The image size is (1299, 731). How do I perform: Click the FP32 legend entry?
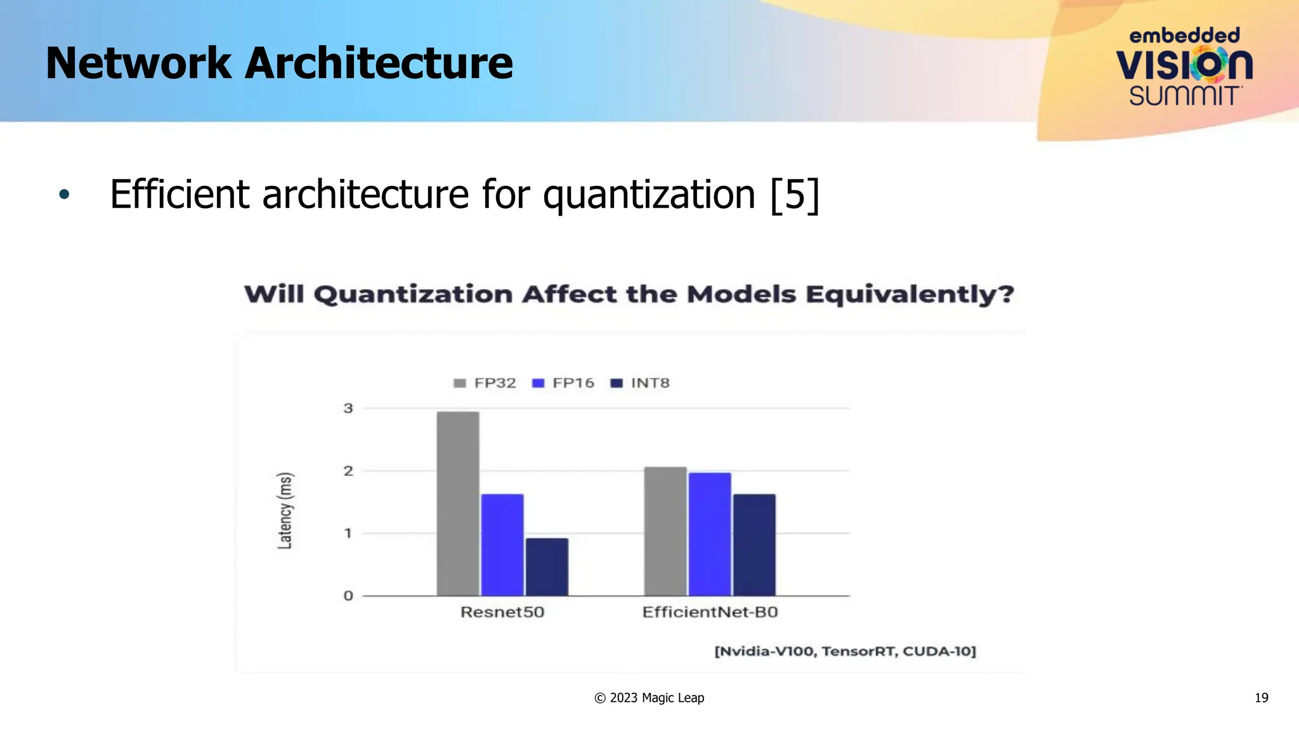tap(486, 383)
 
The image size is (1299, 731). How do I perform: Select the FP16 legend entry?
tap(564, 383)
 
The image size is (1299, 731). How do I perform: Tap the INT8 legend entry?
tap(641, 383)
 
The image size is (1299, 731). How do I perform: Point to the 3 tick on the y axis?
tap(348, 408)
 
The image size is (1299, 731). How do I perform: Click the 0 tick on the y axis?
tap(348, 595)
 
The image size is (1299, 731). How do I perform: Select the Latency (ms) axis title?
tap(285, 510)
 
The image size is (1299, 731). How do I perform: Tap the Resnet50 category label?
tap(502, 612)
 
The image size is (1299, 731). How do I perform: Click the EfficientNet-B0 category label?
tap(710, 612)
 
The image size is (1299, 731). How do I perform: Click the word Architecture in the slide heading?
tap(379, 63)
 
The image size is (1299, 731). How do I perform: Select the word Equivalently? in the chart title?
tap(910, 294)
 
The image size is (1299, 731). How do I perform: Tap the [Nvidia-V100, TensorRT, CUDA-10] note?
tap(845, 651)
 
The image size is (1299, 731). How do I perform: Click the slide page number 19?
tap(1261, 697)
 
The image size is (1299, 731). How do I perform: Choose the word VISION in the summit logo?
tap(1184, 65)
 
